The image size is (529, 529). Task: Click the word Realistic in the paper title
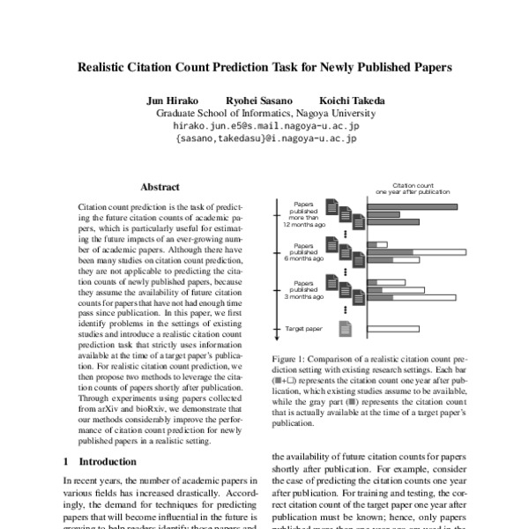click(x=108, y=66)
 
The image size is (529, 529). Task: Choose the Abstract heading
click(x=160, y=187)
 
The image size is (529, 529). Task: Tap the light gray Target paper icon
click(x=346, y=329)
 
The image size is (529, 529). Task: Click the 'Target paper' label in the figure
click(x=304, y=329)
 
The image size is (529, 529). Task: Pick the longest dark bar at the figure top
click(x=411, y=207)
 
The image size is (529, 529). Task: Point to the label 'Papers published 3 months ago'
click(x=303, y=288)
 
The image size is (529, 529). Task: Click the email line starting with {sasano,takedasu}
click(x=265, y=138)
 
